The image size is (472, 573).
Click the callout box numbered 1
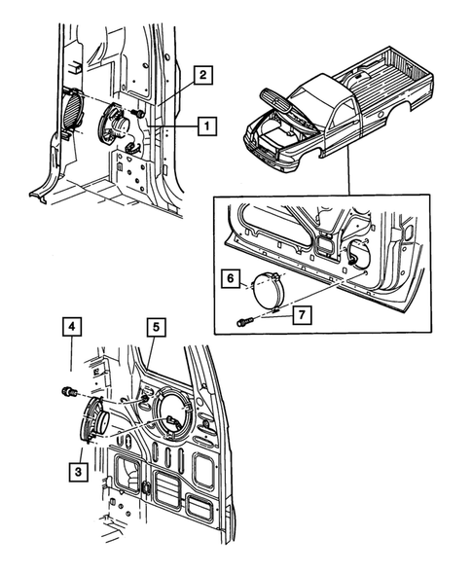(205, 125)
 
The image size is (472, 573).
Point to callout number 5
(155, 328)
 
